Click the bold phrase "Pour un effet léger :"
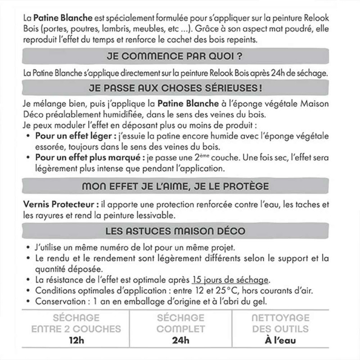[73, 136]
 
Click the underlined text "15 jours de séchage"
[230, 280]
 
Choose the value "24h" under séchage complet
[180, 340]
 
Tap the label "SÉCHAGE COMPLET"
[180, 323]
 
